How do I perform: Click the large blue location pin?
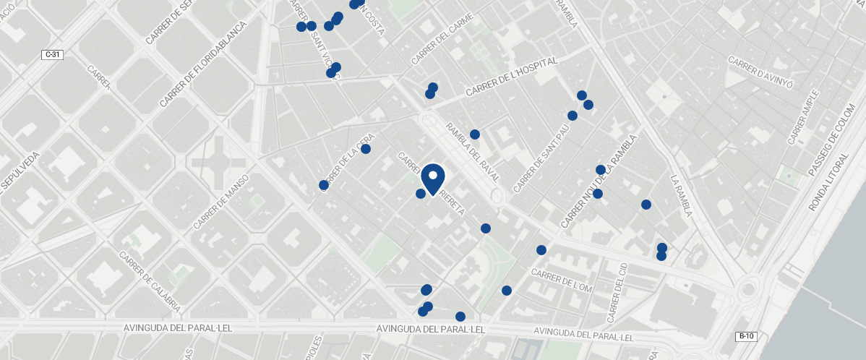click(x=432, y=179)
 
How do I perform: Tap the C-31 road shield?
click(x=52, y=54)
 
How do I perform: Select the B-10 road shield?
click(x=746, y=336)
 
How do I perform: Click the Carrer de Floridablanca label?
click(x=204, y=64)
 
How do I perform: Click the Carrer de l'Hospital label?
click(x=512, y=77)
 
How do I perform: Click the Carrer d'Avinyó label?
click(x=760, y=72)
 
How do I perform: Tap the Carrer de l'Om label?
click(x=562, y=279)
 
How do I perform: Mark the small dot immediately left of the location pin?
click(x=421, y=194)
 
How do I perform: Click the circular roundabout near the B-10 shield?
click(x=747, y=291)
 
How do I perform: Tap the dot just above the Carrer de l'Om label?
click(x=541, y=250)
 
